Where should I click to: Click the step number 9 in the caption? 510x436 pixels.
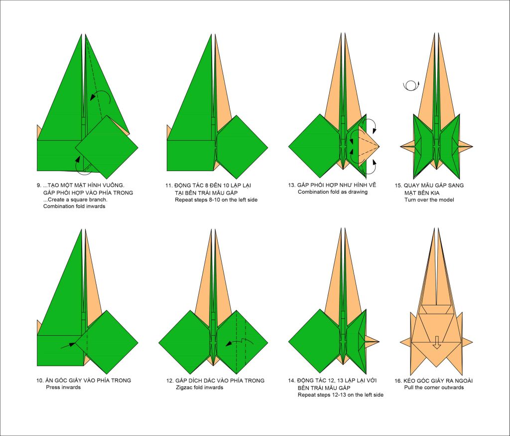coord(39,186)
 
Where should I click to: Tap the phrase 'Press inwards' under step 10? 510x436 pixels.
coord(63,387)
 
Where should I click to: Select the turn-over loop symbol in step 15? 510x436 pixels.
coord(411,85)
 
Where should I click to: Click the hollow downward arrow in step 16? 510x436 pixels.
coord(437,343)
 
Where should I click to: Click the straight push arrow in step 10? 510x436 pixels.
coord(68,345)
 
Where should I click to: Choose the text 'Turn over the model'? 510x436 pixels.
coord(429,200)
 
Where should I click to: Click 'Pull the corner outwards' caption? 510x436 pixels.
coord(434,388)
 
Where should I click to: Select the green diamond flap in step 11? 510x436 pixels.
coord(242,147)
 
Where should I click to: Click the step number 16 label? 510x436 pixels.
coord(398,381)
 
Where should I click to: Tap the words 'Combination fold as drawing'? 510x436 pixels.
coord(332,192)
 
